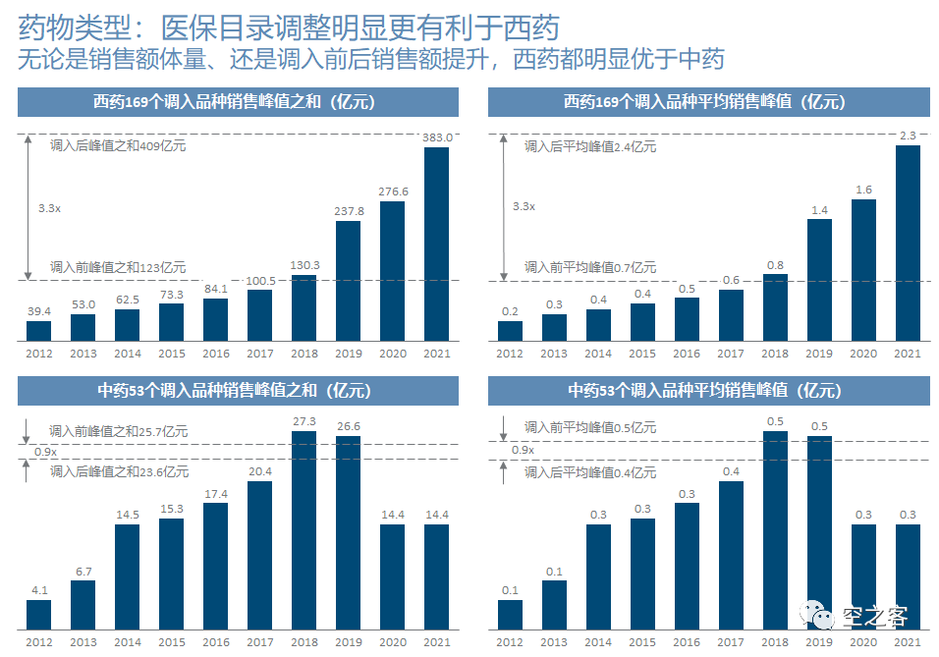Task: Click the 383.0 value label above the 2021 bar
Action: [x=436, y=137]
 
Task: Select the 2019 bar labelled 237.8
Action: [x=348, y=281]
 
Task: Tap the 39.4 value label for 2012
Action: [x=38, y=311]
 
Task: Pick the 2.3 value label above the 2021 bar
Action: [x=908, y=136]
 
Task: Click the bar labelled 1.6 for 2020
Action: [x=863, y=270]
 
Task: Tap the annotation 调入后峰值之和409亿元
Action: [x=118, y=146]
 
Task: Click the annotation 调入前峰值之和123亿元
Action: [x=118, y=267]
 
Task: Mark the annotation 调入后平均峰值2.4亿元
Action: [x=590, y=146]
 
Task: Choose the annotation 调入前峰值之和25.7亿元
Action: [x=118, y=431]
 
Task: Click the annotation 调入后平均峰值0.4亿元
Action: [x=590, y=472]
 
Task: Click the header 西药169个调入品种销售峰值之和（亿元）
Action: [x=238, y=102]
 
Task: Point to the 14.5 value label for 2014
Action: [x=127, y=515]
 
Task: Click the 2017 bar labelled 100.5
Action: [x=259, y=315]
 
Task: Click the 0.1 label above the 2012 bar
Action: [x=510, y=590]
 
